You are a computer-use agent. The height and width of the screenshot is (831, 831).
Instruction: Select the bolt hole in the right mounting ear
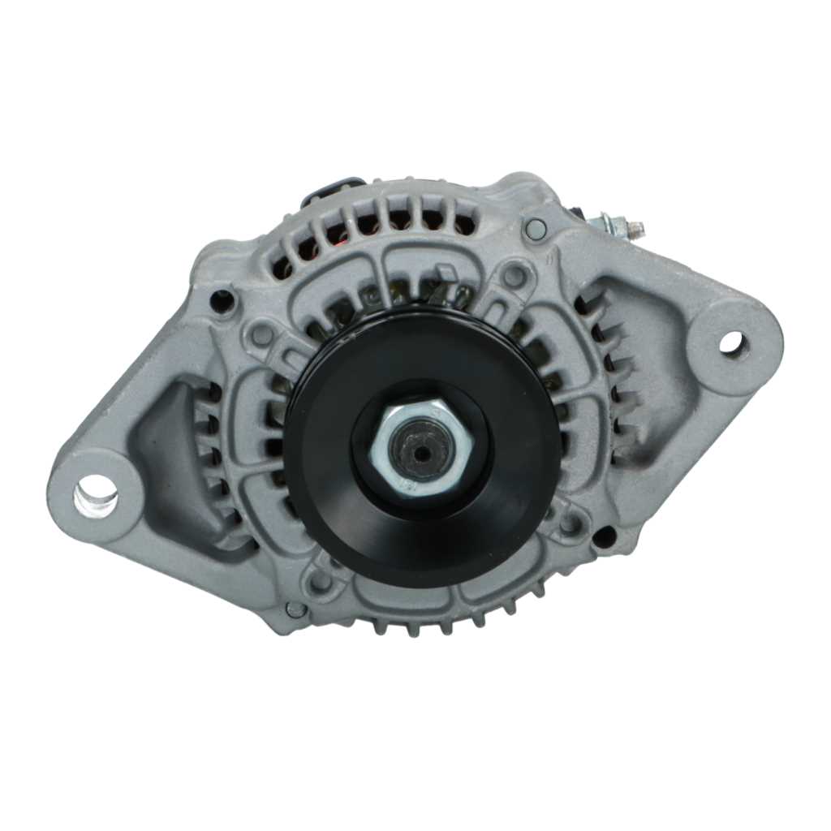coord(731,342)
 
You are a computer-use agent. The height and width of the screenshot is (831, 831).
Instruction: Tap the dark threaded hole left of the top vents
coord(222,300)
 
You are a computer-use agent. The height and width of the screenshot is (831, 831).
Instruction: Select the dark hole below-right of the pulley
coord(604,536)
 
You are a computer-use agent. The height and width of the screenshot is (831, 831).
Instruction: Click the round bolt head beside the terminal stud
coord(535,229)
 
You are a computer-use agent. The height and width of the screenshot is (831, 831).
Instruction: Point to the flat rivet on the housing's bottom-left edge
coord(296,608)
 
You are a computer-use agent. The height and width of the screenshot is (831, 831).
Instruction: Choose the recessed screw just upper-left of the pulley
coord(262,334)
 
